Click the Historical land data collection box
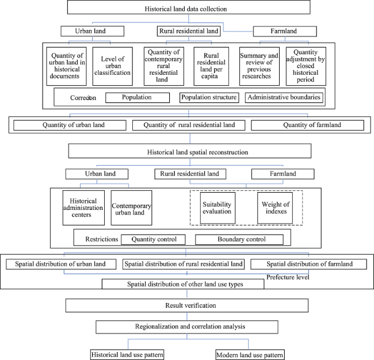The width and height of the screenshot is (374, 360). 189,7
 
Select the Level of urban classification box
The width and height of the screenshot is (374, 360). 113,66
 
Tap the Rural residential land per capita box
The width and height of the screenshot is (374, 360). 211,66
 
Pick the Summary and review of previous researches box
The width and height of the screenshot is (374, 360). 259,66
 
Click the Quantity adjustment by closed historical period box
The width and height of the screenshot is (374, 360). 306,66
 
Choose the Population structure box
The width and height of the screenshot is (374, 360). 209,98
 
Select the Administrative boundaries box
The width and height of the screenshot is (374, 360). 284,98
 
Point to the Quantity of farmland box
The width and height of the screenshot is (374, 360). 307,125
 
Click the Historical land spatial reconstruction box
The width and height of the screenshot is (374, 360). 190,151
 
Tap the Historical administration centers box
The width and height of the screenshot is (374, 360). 83,208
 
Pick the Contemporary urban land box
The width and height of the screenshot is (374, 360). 131,208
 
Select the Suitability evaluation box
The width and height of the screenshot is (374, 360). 217,208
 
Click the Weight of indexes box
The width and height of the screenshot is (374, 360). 275,208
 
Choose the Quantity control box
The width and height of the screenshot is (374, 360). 153,240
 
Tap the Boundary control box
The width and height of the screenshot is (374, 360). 239,240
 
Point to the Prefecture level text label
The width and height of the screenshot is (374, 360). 288,277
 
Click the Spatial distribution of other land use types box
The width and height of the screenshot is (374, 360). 183,284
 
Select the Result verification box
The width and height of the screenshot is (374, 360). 187,305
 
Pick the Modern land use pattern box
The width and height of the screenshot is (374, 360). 250,355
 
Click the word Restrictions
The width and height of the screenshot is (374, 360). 102,239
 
